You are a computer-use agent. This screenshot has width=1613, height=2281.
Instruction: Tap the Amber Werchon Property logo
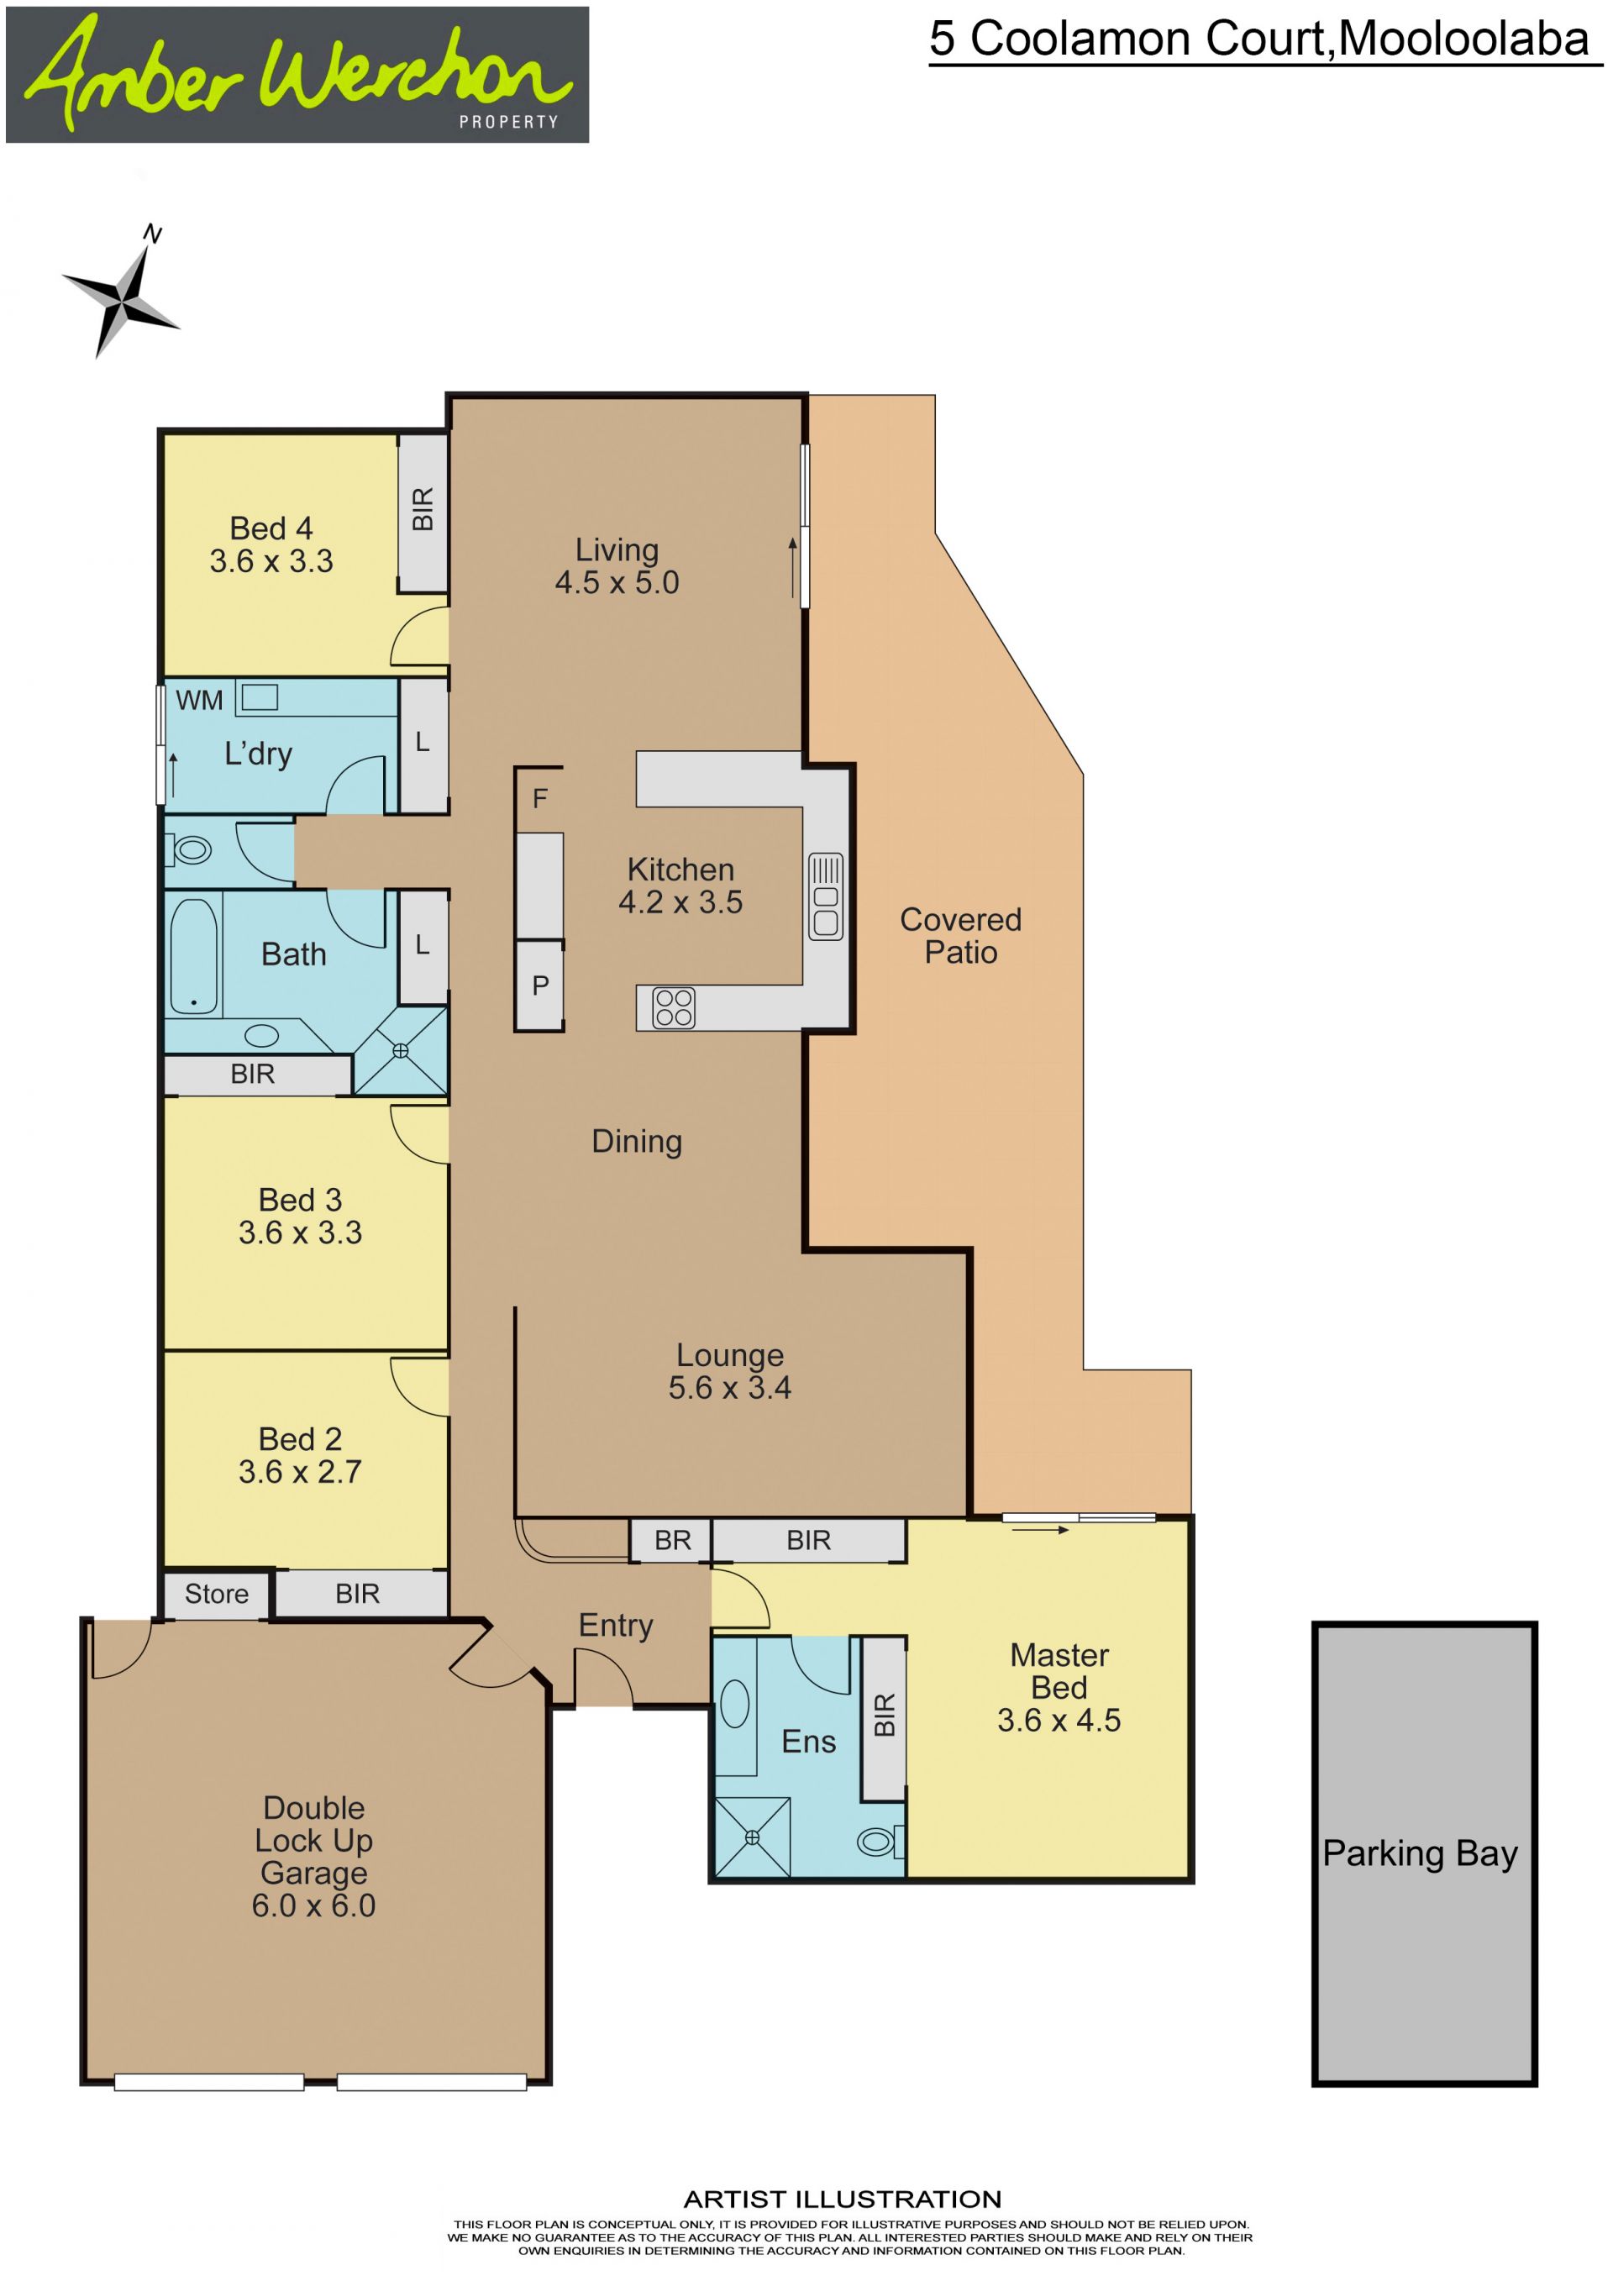click(297, 75)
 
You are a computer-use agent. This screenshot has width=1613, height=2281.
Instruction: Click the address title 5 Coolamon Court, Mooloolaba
click(1258, 39)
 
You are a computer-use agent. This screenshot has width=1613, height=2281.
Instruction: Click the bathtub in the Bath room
click(194, 956)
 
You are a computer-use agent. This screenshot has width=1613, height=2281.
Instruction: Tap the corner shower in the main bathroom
click(400, 1050)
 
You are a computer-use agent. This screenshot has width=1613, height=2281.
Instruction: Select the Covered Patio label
click(960, 935)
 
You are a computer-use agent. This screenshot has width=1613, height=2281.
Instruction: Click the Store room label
click(217, 1594)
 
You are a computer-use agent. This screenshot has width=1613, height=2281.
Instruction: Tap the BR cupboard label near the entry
click(672, 1540)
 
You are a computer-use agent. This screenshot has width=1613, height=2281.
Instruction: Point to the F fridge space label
click(539, 798)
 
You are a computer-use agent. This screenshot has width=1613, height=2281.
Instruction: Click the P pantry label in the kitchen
click(540, 985)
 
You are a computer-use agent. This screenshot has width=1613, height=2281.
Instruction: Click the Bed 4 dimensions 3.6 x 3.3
click(271, 560)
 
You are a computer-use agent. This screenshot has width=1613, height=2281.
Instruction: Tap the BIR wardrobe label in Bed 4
click(423, 508)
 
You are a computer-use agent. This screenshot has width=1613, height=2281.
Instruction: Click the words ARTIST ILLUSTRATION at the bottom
click(843, 2199)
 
